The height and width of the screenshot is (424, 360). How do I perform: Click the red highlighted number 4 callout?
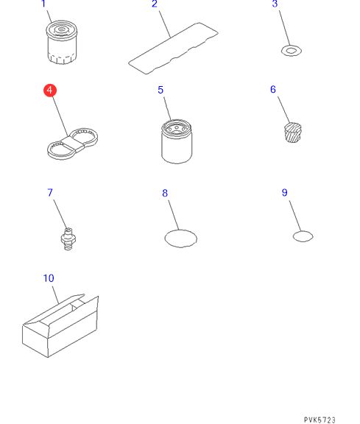tap(50, 91)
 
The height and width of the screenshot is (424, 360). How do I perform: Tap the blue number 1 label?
tap(43, 4)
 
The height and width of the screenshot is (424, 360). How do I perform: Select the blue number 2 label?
tap(155, 4)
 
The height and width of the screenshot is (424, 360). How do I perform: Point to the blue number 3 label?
tap(275, 4)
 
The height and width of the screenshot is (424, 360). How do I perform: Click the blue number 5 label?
tap(160, 90)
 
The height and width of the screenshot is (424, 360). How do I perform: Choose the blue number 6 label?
tap(273, 90)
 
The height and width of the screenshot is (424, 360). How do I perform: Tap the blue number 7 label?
tap(50, 193)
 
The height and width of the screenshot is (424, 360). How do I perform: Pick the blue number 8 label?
tap(165, 194)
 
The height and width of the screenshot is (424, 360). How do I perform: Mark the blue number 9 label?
tap(284, 193)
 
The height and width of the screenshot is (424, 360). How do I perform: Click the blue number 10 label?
tap(49, 278)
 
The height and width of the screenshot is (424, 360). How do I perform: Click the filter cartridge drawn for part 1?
tap(62, 42)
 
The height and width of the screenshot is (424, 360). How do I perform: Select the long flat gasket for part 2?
tap(173, 48)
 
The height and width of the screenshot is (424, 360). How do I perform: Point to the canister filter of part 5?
tap(177, 141)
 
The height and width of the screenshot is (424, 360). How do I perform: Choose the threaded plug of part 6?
tap(293, 132)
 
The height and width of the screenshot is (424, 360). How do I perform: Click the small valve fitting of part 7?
tap(68, 239)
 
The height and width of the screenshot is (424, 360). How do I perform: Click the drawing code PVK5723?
tap(320, 420)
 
